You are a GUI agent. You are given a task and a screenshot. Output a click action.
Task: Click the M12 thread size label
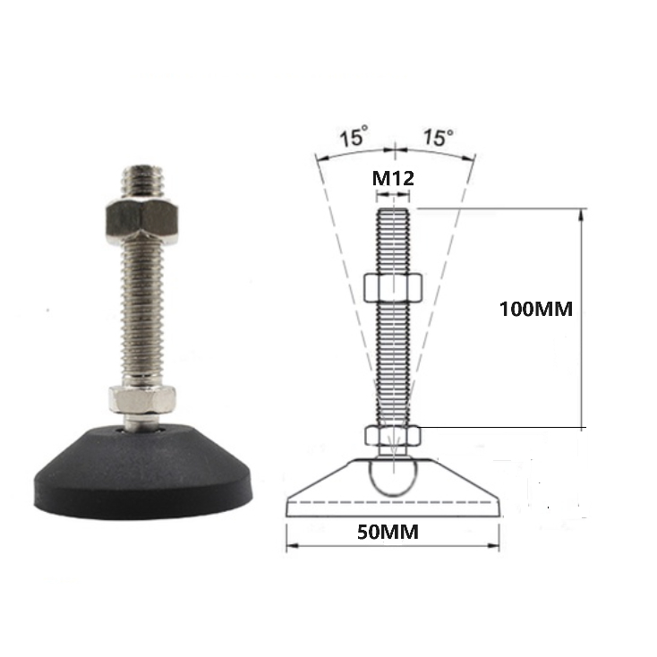coord(393,178)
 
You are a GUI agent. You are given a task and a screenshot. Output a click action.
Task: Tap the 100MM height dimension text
coord(536,309)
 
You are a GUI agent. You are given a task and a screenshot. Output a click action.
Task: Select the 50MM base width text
coord(388,533)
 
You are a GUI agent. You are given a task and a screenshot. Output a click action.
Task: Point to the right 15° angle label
coord(439,137)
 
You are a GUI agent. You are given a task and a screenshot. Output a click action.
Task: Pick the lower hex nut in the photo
coord(142,399)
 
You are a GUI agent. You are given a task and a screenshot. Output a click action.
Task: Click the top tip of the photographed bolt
coord(143,166)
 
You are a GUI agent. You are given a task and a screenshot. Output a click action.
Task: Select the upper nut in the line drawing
coord(393,288)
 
